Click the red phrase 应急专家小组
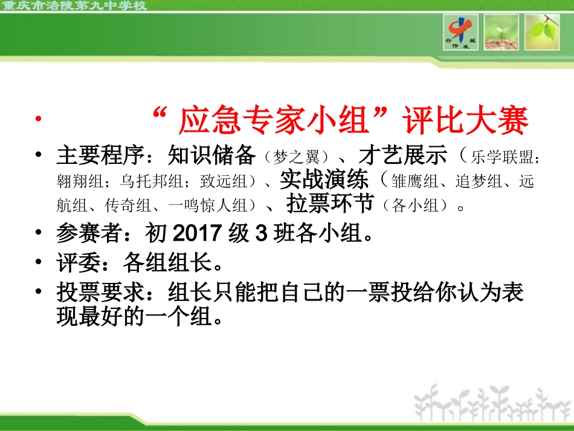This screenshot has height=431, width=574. (x=274, y=122)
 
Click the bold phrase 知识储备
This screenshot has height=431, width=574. (x=211, y=156)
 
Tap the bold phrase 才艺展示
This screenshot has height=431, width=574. (x=403, y=156)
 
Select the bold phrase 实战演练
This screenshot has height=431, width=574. (x=324, y=180)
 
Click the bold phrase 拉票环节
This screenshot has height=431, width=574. (x=330, y=204)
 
